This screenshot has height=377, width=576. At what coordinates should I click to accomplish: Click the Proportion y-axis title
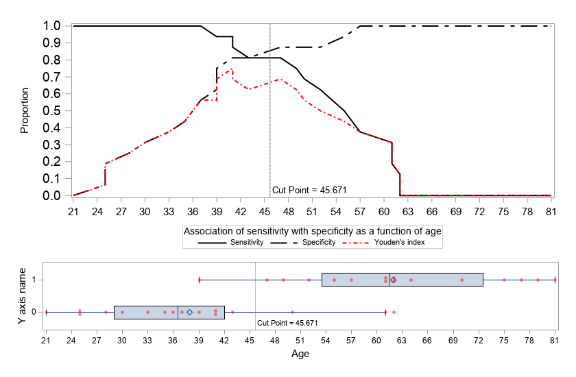click(25, 110)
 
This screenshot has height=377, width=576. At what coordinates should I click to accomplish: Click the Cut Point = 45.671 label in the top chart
click(303, 190)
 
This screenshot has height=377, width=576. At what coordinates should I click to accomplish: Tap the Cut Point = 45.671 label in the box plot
click(288, 322)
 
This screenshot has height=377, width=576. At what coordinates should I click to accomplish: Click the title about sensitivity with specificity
click(312, 232)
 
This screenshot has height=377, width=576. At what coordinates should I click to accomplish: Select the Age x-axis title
click(300, 354)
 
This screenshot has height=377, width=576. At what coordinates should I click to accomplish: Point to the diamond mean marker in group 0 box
click(189, 312)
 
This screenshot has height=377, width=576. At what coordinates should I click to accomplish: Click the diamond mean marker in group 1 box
click(393, 280)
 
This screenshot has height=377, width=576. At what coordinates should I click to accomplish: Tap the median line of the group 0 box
click(178, 312)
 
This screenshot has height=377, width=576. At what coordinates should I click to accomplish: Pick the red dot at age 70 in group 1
click(461, 280)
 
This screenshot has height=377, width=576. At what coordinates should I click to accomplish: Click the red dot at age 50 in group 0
click(292, 312)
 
